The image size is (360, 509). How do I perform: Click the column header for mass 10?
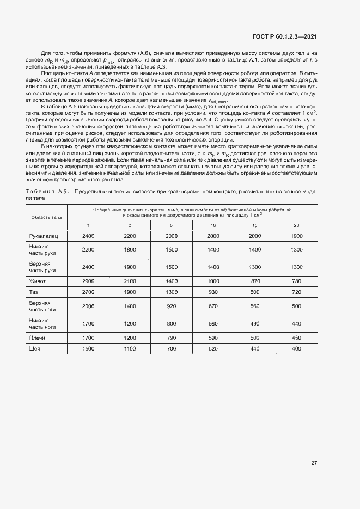213,225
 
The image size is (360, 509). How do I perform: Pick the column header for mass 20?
296,225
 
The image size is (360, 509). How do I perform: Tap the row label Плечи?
36,338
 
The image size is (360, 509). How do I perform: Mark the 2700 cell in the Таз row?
88,292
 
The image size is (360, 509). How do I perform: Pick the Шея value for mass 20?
296,348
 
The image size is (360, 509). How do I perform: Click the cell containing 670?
213,306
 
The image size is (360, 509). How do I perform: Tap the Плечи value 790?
172,338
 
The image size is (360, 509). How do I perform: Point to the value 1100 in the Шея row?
130,348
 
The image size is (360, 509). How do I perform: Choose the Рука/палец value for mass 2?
130,236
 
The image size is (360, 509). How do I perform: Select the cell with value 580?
213,323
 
